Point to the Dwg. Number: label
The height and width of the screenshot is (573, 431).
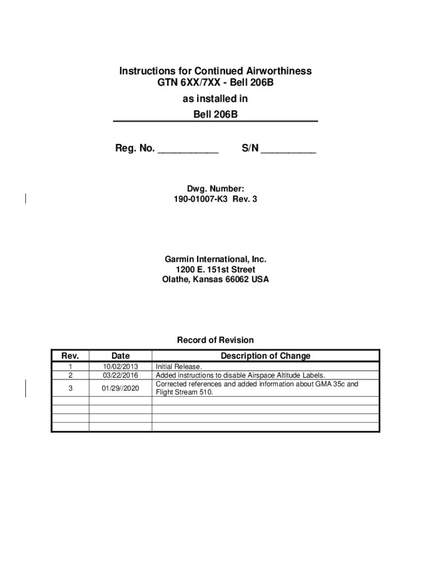point(215,190)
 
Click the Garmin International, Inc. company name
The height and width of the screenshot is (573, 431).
point(215,260)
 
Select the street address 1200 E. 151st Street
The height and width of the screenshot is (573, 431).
point(215,270)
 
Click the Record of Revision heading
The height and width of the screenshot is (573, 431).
point(215,340)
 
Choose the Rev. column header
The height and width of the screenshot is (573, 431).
point(70,356)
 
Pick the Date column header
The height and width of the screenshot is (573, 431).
point(120,356)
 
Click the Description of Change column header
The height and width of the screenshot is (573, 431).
point(265,356)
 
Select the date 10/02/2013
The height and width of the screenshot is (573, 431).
point(120,367)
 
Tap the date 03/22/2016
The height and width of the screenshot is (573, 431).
point(120,375)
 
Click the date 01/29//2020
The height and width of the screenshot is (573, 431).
point(120,388)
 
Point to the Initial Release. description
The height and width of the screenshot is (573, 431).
point(179,367)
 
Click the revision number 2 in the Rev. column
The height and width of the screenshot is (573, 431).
point(70,375)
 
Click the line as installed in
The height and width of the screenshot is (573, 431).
point(215,99)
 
